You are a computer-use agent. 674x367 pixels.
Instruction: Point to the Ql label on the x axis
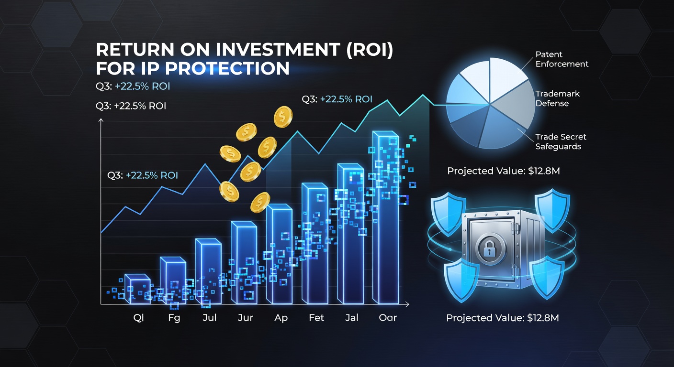pyautogui.click(x=138, y=318)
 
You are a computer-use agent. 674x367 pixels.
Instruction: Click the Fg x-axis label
pyautogui.click(x=174, y=318)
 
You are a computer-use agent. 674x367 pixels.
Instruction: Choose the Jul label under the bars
pyautogui.click(x=209, y=318)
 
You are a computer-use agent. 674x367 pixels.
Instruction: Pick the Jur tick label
pyautogui.click(x=245, y=318)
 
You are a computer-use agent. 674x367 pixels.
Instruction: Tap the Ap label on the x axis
pyautogui.click(x=281, y=318)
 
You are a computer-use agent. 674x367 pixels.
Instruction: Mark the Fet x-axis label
pyautogui.click(x=316, y=318)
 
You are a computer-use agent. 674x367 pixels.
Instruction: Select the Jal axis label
pyautogui.click(x=352, y=318)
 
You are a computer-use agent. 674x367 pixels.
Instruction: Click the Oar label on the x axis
pyautogui.click(x=388, y=318)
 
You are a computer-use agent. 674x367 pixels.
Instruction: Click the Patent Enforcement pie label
pyautogui.click(x=562, y=59)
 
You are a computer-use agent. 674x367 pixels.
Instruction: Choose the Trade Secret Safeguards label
pyautogui.click(x=561, y=141)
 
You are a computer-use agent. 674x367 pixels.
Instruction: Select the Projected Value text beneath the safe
pyautogui.click(x=503, y=318)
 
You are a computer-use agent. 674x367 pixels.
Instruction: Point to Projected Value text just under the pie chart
pyautogui.click(x=503, y=171)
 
